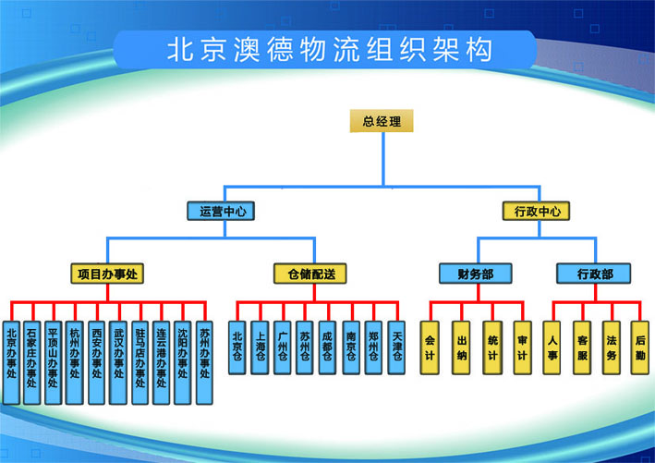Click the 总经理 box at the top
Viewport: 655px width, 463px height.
point(382,121)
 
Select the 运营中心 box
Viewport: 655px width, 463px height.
point(221,211)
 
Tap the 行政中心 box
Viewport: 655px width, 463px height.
point(536,211)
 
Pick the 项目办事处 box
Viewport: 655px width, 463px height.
point(107,274)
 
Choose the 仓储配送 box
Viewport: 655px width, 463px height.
point(310,274)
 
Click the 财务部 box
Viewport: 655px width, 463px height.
point(476,274)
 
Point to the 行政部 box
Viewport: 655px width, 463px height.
point(594,274)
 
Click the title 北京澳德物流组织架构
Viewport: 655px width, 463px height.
point(330,50)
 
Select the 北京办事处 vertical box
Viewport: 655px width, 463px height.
point(11,362)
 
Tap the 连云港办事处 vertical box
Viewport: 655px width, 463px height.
point(162,362)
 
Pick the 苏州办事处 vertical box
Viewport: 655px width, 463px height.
point(204,362)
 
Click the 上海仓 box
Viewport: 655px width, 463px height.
point(260,347)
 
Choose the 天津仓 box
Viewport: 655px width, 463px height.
point(396,347)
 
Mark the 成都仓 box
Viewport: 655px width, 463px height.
point(327,347)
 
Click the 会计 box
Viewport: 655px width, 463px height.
point(430,347)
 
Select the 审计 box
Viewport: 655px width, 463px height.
point(522,347)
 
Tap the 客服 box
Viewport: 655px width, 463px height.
point(582,347)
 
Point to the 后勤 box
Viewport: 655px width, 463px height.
point(640,347)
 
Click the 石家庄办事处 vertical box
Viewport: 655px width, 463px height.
point(31,362)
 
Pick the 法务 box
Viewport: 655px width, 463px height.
point(612,347)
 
